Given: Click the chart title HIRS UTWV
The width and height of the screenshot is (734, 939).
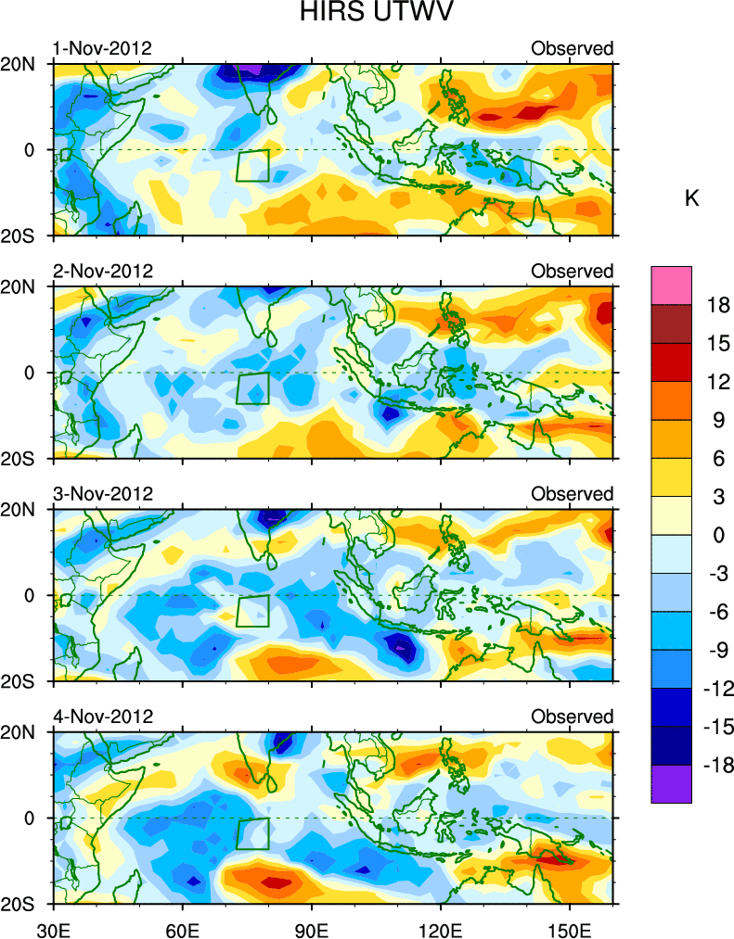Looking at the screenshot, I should pyautogui.click(x=367, y=14).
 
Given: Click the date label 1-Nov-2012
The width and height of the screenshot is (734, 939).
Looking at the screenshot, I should pyautogui.click(x=101, y=48).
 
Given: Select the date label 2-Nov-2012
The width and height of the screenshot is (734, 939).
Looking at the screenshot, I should pyautogui.click(x=101, y=271).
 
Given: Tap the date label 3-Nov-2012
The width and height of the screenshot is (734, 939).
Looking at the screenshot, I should pyautogui.click(x=101, y=494).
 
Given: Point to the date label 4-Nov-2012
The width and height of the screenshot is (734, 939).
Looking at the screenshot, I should pyautogui.click(x=101, y=717).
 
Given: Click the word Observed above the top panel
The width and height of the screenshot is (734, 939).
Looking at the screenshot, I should pyautogui.click(x=572, y=48).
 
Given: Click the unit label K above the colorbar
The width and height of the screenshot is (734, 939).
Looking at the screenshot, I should pyautogui.click(x=691, y=198).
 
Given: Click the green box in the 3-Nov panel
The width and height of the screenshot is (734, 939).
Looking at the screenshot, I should pyautogui.click(x=252, y=611).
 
